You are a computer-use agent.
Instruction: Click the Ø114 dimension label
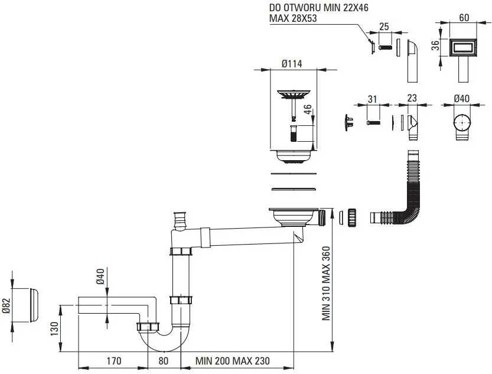292,64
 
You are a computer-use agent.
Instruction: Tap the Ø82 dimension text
6,305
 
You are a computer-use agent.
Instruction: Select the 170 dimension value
113,361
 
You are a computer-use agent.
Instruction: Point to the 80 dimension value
163,361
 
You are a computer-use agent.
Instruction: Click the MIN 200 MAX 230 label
233,361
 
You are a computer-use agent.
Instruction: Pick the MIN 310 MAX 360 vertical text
326,284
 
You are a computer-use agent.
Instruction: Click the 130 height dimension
54,328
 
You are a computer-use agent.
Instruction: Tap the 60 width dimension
464,18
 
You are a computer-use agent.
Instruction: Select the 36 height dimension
435,45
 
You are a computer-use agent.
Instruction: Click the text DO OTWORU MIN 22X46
319,7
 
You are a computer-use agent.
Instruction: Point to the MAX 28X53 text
293,18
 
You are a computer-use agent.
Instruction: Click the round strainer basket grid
294,94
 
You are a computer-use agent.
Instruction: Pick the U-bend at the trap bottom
164,342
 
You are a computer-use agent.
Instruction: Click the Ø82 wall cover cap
34,305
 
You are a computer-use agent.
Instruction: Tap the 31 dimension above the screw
372,99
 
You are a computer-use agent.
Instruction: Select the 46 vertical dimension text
308,109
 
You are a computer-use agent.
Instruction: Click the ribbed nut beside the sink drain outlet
351,217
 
